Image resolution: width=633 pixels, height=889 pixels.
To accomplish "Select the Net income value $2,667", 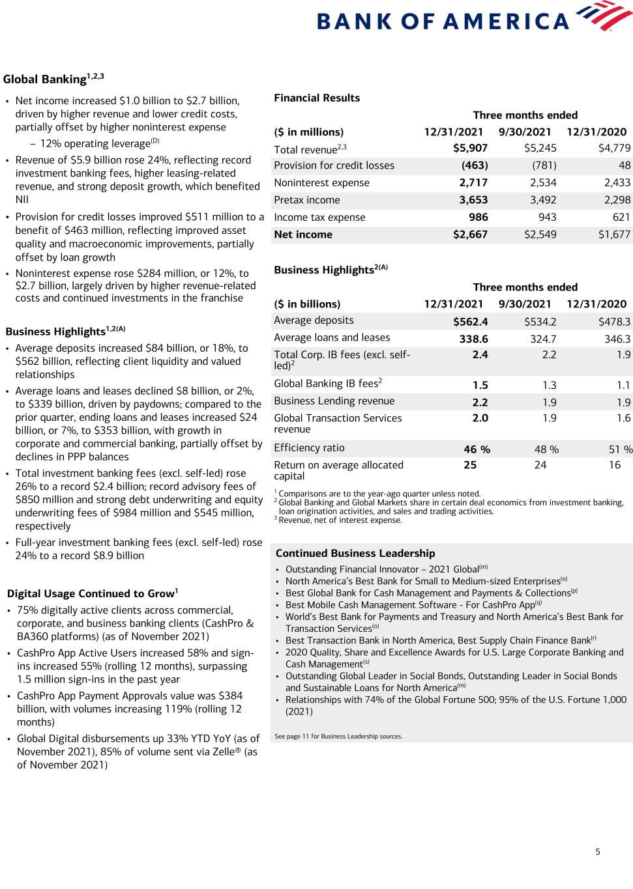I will (x=470, y=234).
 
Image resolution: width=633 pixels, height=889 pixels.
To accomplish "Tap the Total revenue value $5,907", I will (x=470, y=148).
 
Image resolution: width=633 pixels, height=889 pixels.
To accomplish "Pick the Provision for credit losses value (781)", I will (x=544, y=165).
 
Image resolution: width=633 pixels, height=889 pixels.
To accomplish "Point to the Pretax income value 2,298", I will (x=614, y=200).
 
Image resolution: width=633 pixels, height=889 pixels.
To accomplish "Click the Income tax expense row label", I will (x=319, y=218).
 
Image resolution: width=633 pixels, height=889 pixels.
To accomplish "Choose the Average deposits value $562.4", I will (x=470, y=321).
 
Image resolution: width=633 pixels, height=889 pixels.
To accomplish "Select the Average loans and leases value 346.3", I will (x=617, y=339).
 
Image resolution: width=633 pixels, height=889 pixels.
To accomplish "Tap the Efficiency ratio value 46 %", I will (x=477, y=449).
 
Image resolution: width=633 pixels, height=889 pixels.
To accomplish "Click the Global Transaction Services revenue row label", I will (x=338, y=423).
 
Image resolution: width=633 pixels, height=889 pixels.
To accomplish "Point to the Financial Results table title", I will (x=317, y=98).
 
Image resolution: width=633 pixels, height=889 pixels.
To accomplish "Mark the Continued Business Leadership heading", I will (x=355, y=553).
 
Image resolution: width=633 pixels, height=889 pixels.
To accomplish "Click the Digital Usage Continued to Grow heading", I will (x=92, y=593).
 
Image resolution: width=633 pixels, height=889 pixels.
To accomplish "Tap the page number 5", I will (x=598, y=851).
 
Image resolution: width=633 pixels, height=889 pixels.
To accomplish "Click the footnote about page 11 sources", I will (x=338, y=737).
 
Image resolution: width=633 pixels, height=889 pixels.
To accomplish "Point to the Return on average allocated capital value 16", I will (x=614, y=465).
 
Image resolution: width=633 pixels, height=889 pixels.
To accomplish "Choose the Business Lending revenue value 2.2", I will (x=480, y=402).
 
